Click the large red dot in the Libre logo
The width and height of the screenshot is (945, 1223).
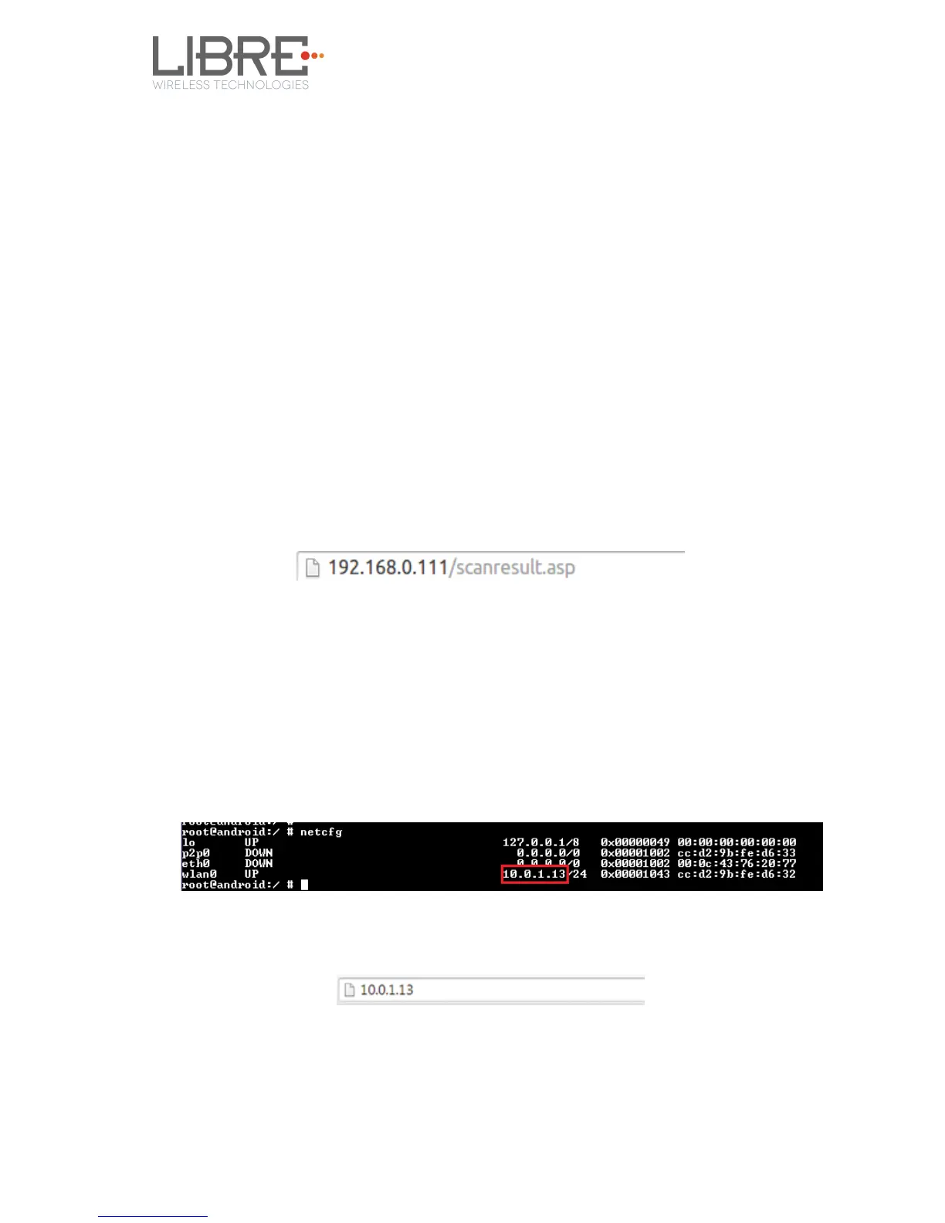tap(305, 56)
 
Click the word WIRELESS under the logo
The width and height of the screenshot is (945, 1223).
tap(181, 85)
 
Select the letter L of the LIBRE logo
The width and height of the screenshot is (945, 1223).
tap(164, 56)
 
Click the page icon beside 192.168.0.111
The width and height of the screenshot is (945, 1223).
tap(313, 568)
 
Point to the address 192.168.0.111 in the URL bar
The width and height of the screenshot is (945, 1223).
tap(388, 567)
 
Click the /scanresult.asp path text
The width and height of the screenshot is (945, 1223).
tap(513, 567)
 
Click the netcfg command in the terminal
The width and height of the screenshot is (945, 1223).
tap(320, 832)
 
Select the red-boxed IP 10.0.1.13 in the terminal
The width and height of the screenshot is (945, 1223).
tap(534, 874)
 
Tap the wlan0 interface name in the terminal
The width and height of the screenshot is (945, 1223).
tap(199, 874)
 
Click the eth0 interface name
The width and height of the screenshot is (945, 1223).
tap(196, 863)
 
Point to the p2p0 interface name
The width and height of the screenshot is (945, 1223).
tap(196, 853)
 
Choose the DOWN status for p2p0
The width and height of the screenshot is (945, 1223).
tap(259, 853)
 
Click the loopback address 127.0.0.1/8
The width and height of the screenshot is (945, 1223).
tap(540, 842)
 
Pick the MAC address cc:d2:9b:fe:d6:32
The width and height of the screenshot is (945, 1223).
tap(737, 874)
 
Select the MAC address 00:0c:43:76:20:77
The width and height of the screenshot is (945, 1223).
tap(737, 863)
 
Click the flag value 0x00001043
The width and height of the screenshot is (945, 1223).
tap(635, 874)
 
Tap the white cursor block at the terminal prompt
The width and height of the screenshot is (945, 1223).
tap(304, 885)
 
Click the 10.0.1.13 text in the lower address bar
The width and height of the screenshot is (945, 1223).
tap(387, 990)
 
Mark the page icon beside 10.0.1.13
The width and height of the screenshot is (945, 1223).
tap(350, 990)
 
